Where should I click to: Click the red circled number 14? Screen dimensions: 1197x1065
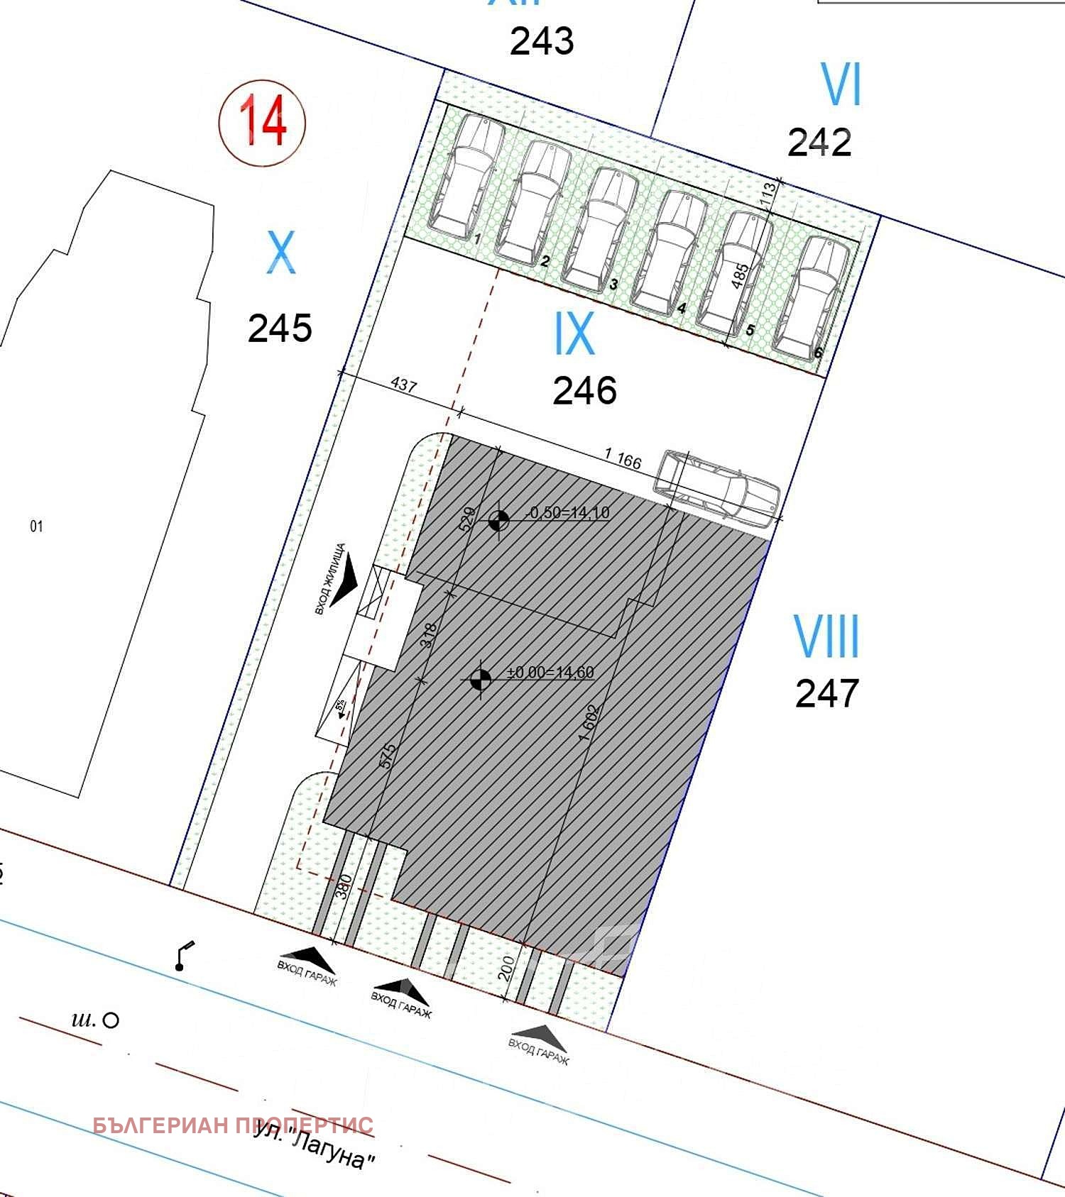coord(262,121)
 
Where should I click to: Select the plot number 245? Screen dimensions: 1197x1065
coord(280,329)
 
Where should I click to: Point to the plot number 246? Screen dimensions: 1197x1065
coord(584,391)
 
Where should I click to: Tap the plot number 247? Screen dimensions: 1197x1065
coord(827,693)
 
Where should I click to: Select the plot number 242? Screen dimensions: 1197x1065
coord(819,143)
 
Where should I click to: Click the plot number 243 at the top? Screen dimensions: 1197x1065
coord(542,41)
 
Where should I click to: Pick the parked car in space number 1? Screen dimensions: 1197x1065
coord(466,177)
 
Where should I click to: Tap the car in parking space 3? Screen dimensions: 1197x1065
coord(601,228)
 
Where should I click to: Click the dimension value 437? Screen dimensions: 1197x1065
coord(403,385)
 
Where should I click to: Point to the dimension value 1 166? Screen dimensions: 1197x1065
coord(623,459)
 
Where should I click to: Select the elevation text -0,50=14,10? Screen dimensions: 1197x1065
coord(568,512)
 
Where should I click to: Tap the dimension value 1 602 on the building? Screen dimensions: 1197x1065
coord(589,723)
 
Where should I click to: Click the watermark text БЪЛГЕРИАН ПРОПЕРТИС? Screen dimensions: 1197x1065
coord(233,1125)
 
